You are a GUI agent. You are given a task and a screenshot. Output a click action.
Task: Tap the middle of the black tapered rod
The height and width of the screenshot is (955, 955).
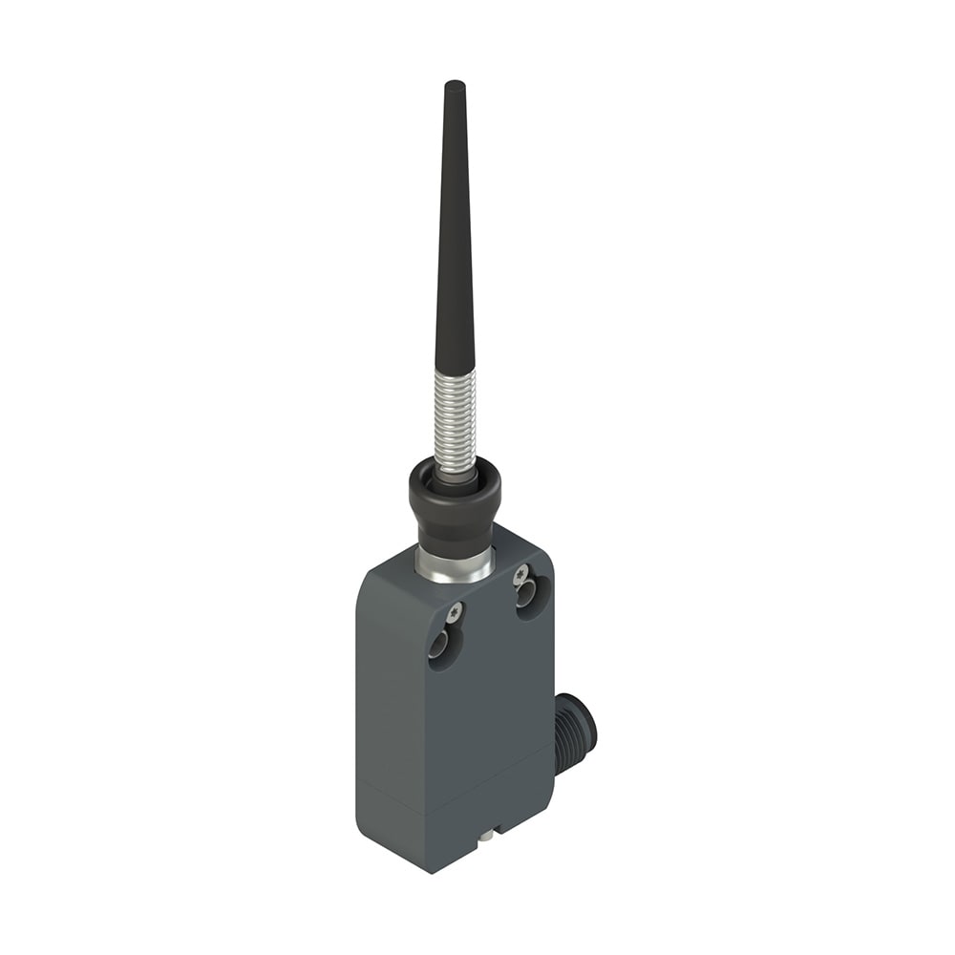(455, 229)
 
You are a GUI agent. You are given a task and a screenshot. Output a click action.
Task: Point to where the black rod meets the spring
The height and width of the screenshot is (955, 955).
(455, 371)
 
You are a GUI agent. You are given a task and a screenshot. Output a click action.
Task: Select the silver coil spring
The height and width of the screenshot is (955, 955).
(455, 420)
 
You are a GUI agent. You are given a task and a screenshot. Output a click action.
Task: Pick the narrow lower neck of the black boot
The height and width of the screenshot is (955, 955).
(456, 535)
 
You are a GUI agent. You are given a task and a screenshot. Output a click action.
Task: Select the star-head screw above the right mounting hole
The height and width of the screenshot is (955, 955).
(520, 574)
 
